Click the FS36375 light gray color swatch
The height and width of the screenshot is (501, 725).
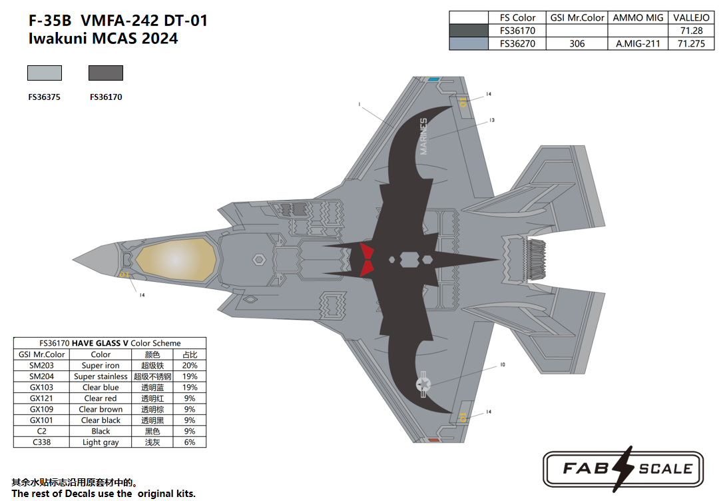point(45,73)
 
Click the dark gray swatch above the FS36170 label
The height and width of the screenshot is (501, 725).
point(106,73)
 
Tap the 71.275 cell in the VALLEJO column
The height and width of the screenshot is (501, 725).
point(691,43)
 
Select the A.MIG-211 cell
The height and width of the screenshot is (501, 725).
point(638,43)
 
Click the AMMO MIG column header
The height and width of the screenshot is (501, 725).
point(638,17)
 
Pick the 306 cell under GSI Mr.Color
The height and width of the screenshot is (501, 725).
point(577,43)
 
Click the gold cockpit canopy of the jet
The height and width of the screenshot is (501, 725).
point(176,260)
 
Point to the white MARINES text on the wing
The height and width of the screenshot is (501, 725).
point(423,136)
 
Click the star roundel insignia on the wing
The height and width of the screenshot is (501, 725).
point(423,384)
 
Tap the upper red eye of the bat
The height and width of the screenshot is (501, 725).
point(367,251)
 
